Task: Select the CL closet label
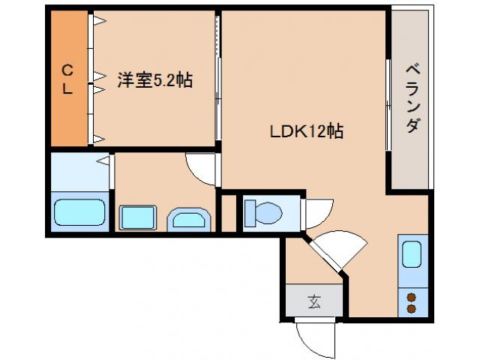point(67,79)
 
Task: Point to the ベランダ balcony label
point(412,98)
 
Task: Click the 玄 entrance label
point(314,302)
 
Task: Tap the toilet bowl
point(262,213)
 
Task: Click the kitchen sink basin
point(412,254)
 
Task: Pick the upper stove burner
point(411,298)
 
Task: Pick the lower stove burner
point(411,308)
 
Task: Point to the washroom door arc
point(201,169)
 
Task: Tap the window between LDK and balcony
point(388,105)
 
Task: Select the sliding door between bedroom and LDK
point(218,82)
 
